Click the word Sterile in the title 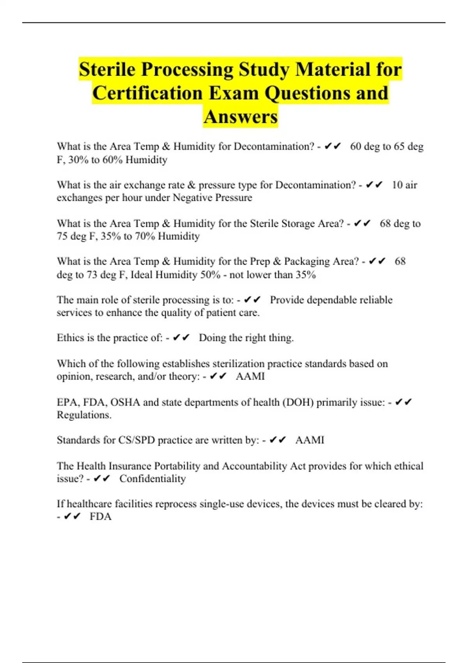click(107, 69)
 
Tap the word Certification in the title click(147, 93)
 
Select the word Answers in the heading click(241, 117)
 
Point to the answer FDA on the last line click(101, 517)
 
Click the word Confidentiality click(152, 479)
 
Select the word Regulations click(84, 415)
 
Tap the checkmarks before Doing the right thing click(181, 338)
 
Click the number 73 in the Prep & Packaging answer click(92, 275)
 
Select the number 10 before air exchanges click(397, 185)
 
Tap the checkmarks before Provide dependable click(252, 300)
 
